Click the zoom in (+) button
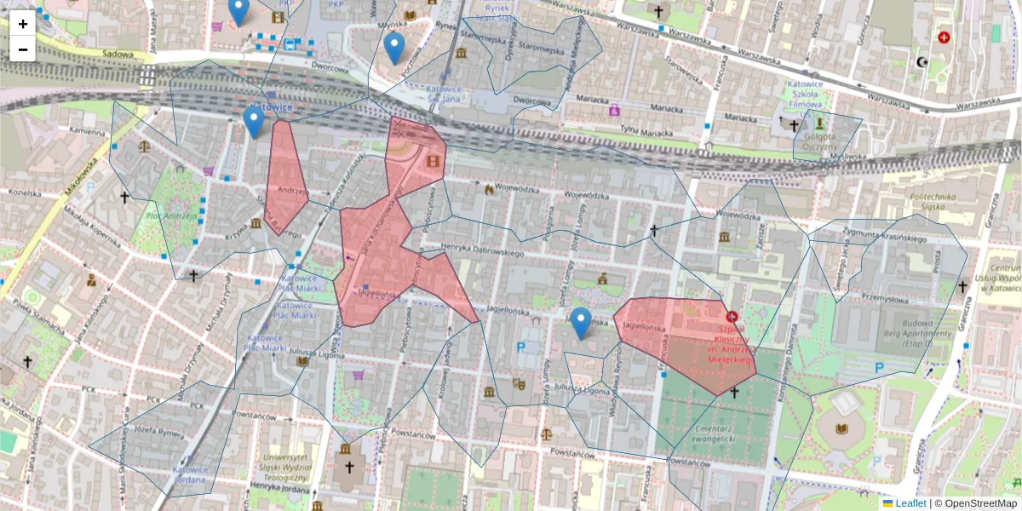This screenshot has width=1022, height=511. (x=23, y=24)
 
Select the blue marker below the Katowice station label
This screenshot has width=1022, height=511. (x=253, y=123)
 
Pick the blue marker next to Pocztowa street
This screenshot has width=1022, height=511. (x=393, y=49)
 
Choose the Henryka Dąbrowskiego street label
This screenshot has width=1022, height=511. (x=481, y=252)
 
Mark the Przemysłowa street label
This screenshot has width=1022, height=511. (x=887, y=298)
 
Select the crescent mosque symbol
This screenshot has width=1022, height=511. (x=921, y=61)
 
